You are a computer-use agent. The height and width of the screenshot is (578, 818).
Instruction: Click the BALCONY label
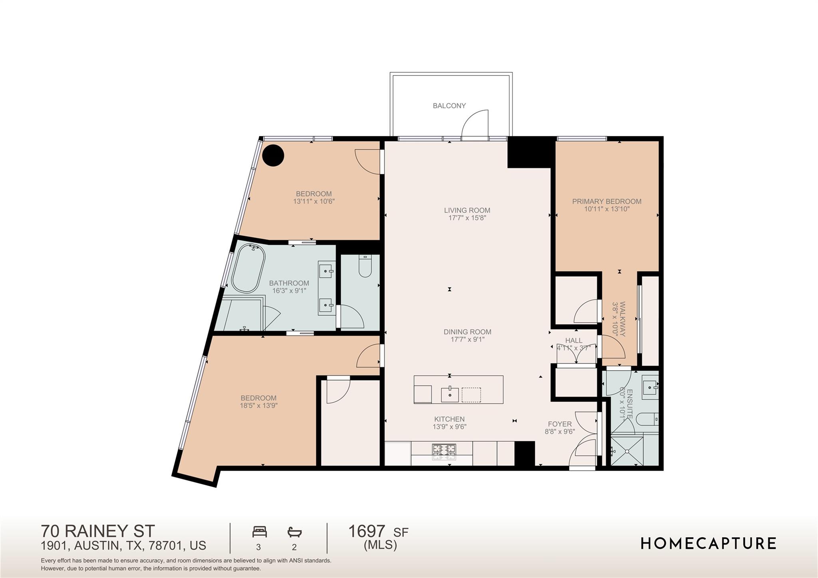pos(449,106)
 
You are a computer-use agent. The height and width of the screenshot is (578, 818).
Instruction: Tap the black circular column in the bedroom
pos(273,155)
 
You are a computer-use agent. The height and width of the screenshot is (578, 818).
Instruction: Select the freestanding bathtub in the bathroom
pos(248,268)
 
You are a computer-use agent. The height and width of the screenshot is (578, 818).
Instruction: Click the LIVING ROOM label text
pos(467,210)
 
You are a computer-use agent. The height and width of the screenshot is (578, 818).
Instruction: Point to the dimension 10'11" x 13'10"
pos(606,209)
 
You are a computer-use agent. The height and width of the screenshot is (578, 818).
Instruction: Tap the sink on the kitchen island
pos(450,395)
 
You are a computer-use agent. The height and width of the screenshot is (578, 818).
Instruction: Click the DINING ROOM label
pos(467,332)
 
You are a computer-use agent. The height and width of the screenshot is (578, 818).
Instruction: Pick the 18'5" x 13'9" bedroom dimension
pos(258,405)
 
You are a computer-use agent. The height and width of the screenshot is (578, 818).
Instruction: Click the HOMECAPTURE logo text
pos(708,544)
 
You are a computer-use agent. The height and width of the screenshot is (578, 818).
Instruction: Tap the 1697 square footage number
pos(367,532)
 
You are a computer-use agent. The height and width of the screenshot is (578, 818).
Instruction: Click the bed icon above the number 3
pos(260,532)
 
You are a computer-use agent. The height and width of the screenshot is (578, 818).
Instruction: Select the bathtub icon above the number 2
pos(294,532)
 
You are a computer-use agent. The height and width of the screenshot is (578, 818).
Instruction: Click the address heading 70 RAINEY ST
pos(97,531)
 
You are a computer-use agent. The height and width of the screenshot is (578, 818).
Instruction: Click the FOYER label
pos(560,424)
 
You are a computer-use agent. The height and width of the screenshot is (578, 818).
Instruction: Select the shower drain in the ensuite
pos(627,451)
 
